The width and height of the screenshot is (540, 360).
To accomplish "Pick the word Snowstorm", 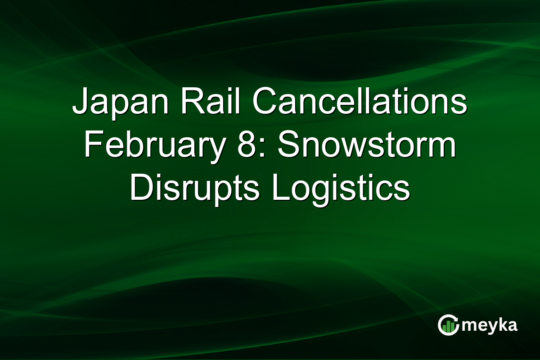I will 366,146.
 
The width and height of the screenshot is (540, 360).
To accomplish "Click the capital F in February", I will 92,146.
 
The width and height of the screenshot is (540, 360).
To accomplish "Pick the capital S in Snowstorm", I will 286,146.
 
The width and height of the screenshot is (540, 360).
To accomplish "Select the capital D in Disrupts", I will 140,188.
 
